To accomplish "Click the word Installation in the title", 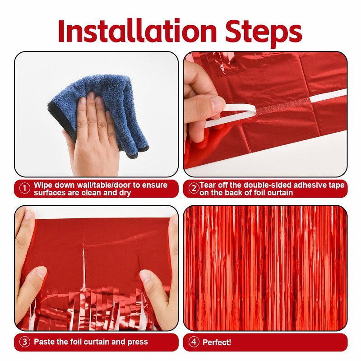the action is point(137,31).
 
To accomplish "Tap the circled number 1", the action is point(25,189).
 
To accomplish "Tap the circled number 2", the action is point(194,189).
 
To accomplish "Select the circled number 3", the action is point(25,342).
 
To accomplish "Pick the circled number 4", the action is point(194,342).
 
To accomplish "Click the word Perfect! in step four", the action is point(217,342).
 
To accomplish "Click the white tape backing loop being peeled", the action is point(230,115).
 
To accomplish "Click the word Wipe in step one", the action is point(43,185).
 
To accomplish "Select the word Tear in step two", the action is point(208,185).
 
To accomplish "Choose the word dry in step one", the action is point(125,193).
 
